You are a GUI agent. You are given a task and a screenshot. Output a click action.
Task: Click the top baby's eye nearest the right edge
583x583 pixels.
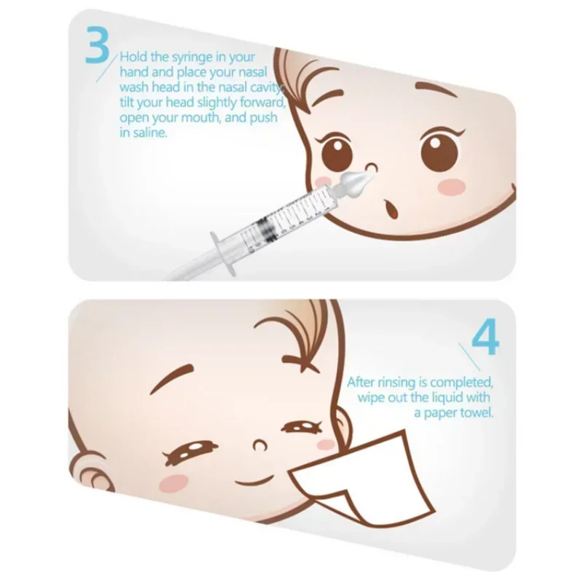pos(439,149)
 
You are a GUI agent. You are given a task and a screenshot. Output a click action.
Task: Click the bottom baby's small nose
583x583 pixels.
pos(257,443)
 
